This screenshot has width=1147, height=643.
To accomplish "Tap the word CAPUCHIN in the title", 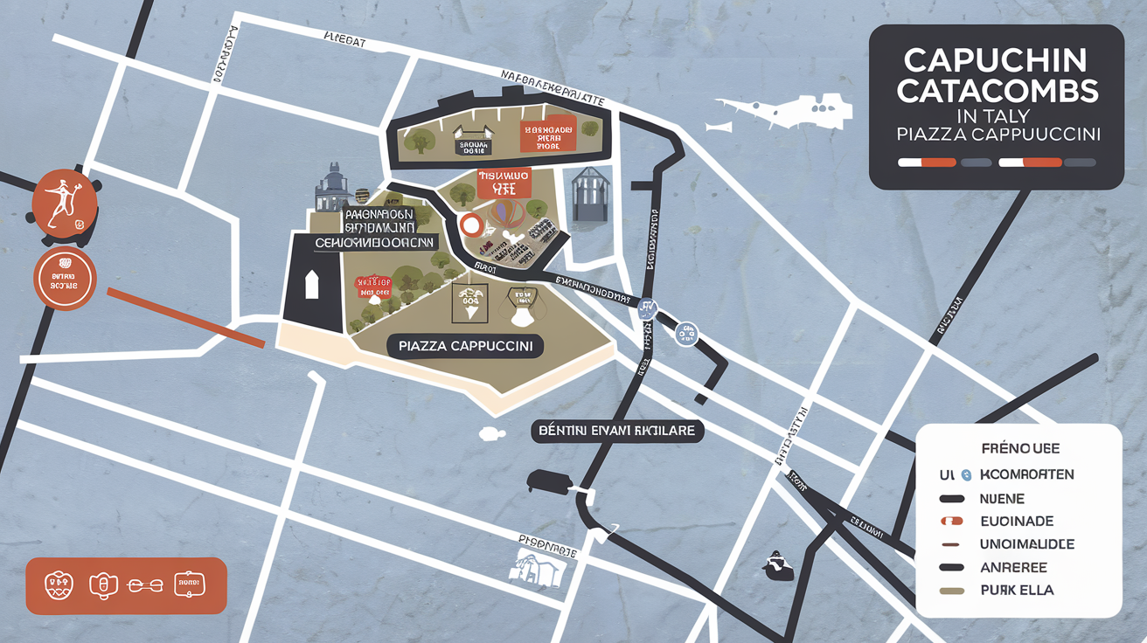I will (x=996, y=59).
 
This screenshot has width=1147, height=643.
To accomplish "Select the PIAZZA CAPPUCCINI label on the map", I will (x=465, y=346).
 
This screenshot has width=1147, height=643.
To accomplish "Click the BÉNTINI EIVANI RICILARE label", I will (x=618, y=432).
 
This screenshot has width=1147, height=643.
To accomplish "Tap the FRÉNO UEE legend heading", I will (x=1019, y=448).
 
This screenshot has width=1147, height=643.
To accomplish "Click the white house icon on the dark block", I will (x=310, y=286).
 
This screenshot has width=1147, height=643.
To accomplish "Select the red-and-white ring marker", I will (x=471, y=225).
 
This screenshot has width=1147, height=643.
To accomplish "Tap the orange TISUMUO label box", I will (x=504, y=182).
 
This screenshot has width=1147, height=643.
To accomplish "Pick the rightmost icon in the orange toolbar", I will (x=189, y=584).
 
